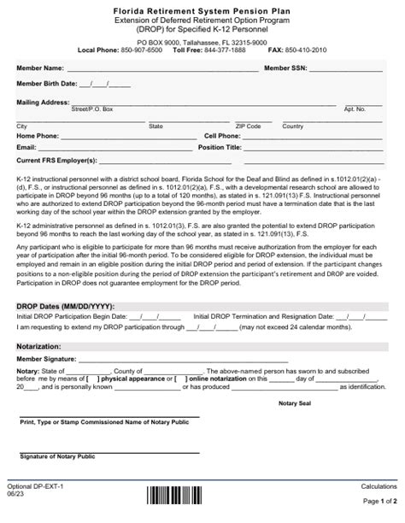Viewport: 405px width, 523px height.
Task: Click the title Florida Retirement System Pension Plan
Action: coord(202,7)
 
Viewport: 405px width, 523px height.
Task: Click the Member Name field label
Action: coord(40,68)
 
